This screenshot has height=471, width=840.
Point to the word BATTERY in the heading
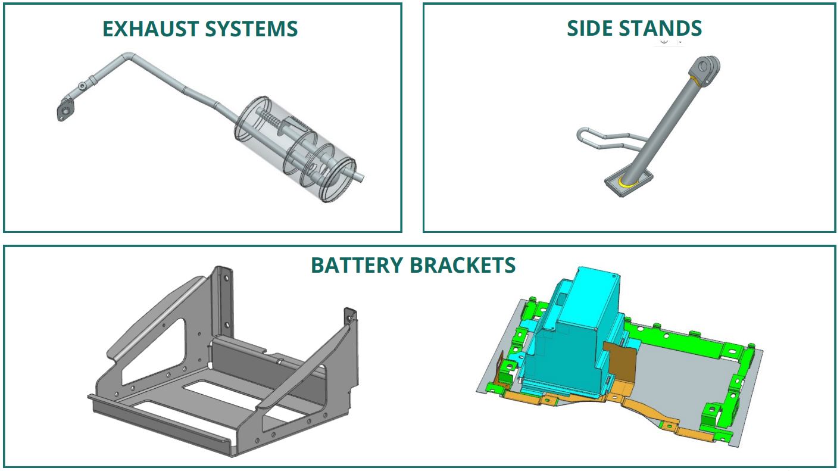coord(355,265)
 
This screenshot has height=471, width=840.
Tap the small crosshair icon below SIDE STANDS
coord(664,42)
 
